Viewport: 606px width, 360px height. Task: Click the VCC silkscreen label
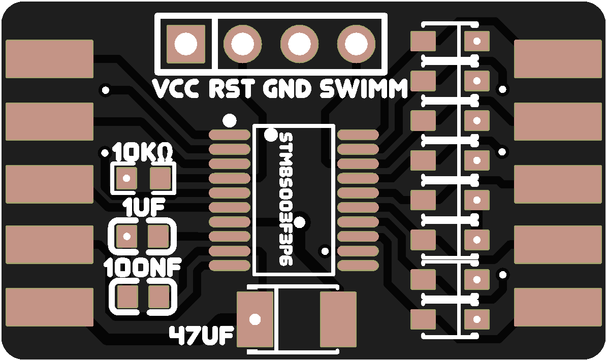click(x=177, y=90)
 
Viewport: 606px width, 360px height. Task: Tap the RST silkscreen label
click(x=232, y=90)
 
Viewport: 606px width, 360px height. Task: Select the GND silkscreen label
click(x=287, y=90)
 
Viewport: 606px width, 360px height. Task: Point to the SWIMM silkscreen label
click(x=364, y=90)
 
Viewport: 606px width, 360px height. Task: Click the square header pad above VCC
click(x=186, y=44)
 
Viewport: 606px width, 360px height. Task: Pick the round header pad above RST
click(x=243, y=44)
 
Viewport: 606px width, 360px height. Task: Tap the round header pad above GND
click(x=300, y=44)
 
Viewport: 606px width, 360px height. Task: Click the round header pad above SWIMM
click(x=357, y=44)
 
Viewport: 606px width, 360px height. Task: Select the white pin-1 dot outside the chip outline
click(x=230, y=120)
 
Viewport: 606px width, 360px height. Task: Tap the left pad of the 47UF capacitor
click(x=257, y=319)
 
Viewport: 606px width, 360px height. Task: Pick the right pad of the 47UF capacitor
click(x=338, y=319)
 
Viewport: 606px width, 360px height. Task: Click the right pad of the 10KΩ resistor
click(x=161, y=179)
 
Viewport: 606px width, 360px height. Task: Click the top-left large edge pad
click(x=49, y=59)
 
